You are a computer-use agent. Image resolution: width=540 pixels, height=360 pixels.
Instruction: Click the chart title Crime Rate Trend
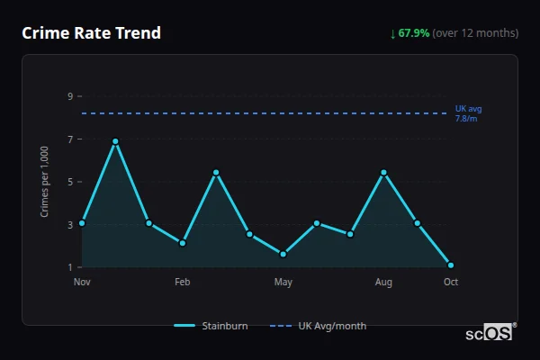coord(91,33)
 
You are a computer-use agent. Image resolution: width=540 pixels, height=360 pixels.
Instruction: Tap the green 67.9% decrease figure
coord(414,33)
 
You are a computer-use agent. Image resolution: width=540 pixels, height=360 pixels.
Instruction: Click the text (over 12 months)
coord(475,33)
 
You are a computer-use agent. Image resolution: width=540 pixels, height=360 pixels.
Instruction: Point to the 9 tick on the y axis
coord(69,95)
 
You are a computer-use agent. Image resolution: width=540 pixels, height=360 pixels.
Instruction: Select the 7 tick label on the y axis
coord(69,139)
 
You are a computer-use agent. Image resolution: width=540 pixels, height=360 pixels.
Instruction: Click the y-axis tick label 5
coord(69,182)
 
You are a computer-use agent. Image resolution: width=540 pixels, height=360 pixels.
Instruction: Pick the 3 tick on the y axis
coord(69,224)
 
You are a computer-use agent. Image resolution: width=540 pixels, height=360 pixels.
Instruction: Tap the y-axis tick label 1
coord(69,267)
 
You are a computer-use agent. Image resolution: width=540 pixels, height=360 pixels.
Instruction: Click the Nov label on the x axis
coord(82,283)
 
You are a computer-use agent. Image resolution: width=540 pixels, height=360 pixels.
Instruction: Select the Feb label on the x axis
coord(182,283)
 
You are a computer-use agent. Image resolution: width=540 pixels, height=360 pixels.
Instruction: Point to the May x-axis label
coord(283,283)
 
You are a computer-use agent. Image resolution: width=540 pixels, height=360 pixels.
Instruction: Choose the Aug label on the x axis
coord(383,283)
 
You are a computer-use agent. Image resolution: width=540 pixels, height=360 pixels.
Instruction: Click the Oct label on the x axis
coord(451,283)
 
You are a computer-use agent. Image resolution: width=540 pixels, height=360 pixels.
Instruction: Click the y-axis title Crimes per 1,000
coord(45,182)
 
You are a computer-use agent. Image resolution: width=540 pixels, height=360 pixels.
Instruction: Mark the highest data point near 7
coord(115,141)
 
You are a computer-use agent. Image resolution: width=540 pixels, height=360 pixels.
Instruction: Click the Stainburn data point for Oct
coord(451,265)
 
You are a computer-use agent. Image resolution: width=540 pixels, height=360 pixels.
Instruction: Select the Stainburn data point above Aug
coord(383,172)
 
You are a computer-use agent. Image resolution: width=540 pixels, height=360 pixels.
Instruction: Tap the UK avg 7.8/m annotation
coord(468,113)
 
